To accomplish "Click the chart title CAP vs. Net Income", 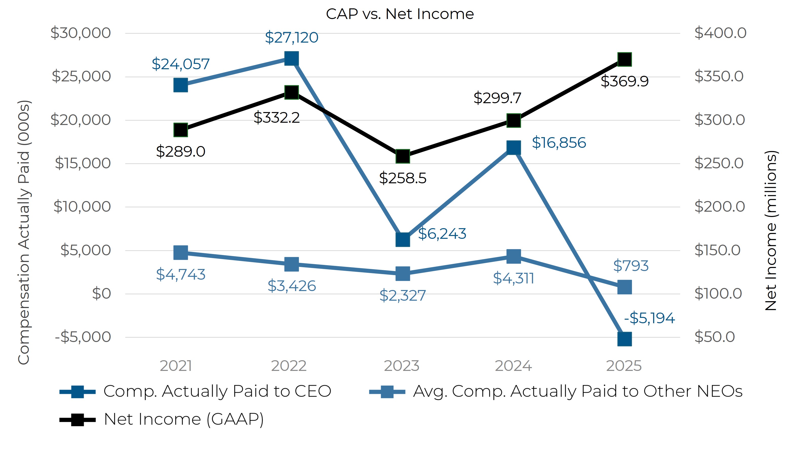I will pos(399,14).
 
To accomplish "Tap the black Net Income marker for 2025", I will pos(624,59).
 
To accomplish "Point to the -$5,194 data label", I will pos(649,318).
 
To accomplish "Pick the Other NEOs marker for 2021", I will pos(181,253).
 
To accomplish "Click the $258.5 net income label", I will pos(402,178).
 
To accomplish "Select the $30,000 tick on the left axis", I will pos(81,33).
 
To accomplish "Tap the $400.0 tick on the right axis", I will pos(720,33).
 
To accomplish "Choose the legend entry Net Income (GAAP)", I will pos(183,419).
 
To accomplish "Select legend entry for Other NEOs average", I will pos(577,391).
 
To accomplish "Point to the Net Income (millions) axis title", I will pos(771,231).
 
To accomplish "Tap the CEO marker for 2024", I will pos(513,148).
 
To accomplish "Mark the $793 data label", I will pos(630,266).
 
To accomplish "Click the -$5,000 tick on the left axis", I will pos(83,337).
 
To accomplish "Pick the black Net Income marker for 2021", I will pos(181,130).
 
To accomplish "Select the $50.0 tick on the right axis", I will pos(714,337).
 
